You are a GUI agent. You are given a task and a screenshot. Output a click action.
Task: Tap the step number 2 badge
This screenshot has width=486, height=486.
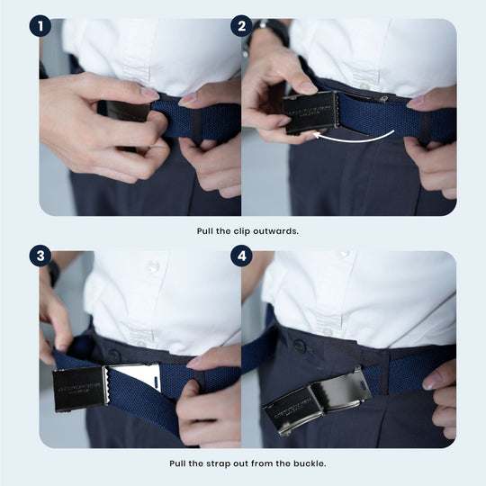tap(241, 25)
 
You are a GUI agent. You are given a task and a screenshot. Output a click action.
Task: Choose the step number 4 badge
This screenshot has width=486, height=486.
tap(241, 256)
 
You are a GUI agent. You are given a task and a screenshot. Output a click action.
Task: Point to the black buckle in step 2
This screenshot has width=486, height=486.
tap(310, 112)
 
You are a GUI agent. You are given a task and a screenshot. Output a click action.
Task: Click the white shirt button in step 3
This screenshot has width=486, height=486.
tap(153, 267)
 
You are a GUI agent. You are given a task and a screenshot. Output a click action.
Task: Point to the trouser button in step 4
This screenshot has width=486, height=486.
tap(300, 346)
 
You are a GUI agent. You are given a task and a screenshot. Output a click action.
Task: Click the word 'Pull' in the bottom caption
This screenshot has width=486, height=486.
tap(179, 463)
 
